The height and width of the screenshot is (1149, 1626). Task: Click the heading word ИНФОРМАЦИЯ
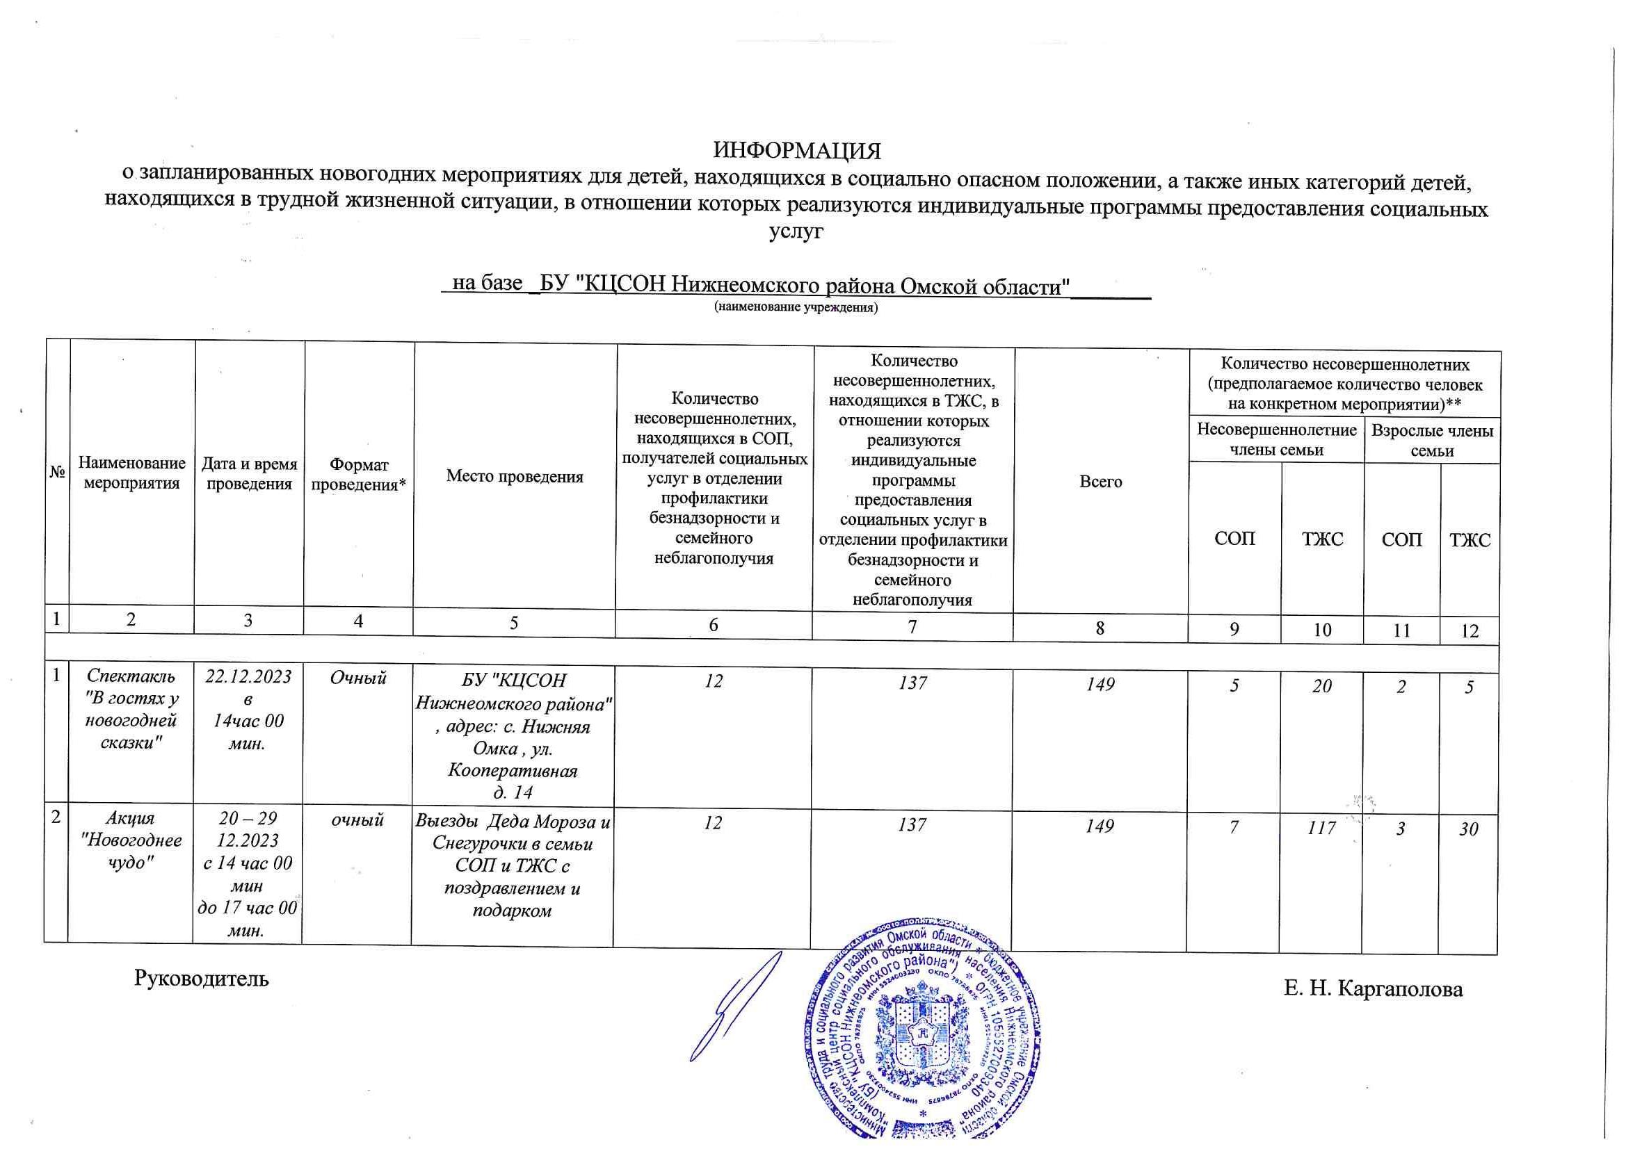point(797,152)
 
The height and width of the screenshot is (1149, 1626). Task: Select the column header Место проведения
point(514,476)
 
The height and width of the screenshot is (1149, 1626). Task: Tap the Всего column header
point(1100,482)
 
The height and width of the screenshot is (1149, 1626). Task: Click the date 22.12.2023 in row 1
point(248,678)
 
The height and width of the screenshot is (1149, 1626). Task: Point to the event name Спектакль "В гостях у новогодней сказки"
point(131,710)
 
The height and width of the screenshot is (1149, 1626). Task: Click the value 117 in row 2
point(1321,827)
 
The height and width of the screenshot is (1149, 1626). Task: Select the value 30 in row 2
point(1469,829)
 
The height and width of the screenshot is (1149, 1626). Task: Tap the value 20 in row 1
point(1321,686)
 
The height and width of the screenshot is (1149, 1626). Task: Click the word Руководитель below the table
point(201,979)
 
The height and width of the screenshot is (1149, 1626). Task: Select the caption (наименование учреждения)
point(796,308)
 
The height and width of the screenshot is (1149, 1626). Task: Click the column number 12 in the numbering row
point(1470,630)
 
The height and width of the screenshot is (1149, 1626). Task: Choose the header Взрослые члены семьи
point(1432,440)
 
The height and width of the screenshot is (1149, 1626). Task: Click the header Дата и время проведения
point(249,473)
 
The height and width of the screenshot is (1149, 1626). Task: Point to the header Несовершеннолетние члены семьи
point(1276,439)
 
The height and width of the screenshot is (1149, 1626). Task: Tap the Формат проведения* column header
point(359,475)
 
